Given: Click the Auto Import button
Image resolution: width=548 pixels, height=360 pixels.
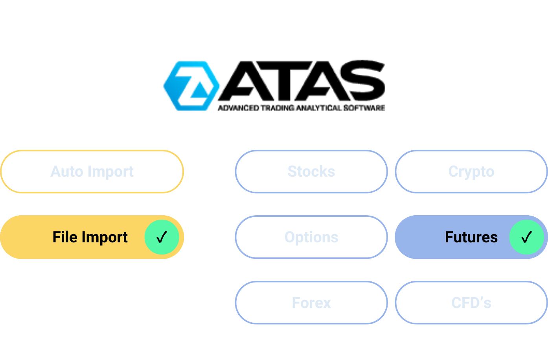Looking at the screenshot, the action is point(92,172).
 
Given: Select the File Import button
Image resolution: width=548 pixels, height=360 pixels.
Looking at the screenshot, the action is point(92,237).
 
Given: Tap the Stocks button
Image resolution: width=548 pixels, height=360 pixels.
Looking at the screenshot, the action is point(311,172).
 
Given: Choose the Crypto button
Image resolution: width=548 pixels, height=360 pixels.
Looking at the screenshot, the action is point(471,172).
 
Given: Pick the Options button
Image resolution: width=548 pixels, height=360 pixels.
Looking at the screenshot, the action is point(311,237).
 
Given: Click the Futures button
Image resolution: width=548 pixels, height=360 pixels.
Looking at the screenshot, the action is point(471,237).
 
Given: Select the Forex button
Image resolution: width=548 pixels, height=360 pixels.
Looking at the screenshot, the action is point(311,303).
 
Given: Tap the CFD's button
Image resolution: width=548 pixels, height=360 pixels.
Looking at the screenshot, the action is point(471,303).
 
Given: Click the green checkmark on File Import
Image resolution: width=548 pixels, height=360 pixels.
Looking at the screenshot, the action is point(162,237).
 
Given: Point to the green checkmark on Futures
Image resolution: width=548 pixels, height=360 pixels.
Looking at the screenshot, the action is point(526,237).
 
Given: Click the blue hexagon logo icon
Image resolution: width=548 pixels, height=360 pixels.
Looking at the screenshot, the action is point(191,86).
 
